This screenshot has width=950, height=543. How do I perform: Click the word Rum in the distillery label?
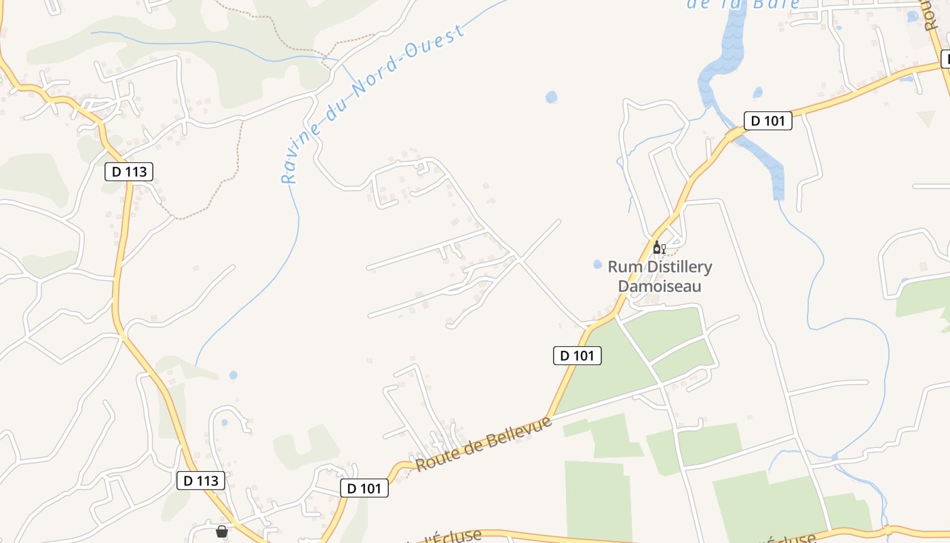[622, 267]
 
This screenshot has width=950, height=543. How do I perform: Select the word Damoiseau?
[659, 286]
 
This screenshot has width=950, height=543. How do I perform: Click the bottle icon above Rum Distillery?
[656, 248]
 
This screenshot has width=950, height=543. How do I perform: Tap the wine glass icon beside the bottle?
[663, 249]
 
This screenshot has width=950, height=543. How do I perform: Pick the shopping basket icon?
[222, 531]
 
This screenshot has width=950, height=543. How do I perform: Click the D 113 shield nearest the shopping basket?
[201, 481]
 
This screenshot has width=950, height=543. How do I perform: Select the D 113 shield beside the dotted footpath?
[129, 172]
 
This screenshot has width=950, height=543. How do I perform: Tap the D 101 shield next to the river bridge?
[768, 121]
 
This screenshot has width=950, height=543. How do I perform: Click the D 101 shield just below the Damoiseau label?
[577, 355]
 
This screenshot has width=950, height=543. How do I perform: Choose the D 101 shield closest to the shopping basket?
[364, 488]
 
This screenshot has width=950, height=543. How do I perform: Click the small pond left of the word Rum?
[597, 264]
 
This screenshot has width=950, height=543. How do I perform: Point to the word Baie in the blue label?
[780, 3]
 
